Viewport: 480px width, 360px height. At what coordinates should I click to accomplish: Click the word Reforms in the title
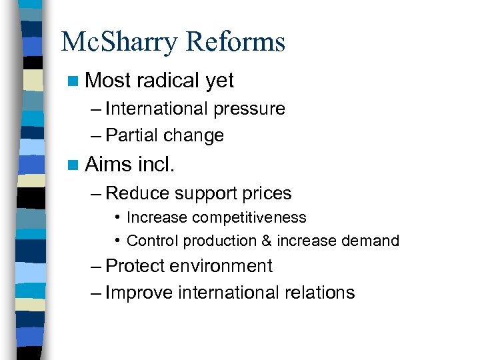pos(235,42)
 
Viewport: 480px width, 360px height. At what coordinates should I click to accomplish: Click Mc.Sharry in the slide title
pos(119,42)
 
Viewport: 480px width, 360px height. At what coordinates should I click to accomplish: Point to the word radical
pos(168,81)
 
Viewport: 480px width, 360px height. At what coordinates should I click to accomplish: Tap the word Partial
pos(132,135)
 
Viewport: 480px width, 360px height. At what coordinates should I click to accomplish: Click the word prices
pos(267,194)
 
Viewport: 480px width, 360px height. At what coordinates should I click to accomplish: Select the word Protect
pos(135,266)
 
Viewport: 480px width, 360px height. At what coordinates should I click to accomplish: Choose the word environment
pos(221,266)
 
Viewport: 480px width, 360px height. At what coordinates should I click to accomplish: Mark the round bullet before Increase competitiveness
pos(117,217)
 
